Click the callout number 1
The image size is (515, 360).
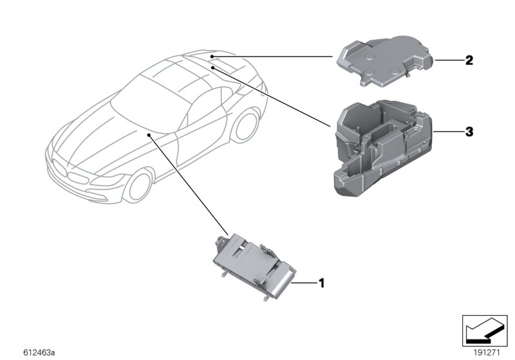click(322, 282)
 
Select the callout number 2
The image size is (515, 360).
click(469, 61)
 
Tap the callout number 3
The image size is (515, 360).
click(469, 132)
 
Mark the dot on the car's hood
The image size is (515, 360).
click(149, 135)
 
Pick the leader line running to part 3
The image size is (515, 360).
click(270, 93)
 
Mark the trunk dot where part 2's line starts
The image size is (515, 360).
click(212, 57)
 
